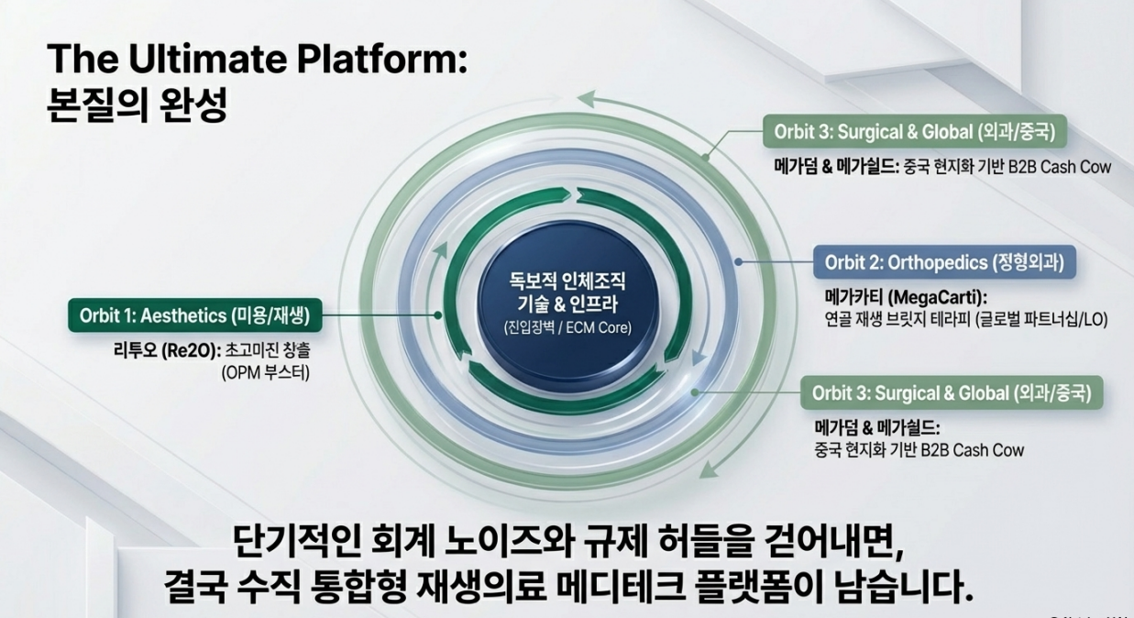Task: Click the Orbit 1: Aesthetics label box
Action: pyautogui.click(x=194, y=316)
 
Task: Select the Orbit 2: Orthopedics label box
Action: pyautogui.click(x=944, y=262)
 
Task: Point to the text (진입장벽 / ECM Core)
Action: pyautogui.click(x=568, y=327)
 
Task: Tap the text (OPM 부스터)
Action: pyautogui.click(x=266, y=374)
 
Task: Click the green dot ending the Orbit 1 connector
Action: pyautogui.click(x=438, y=315)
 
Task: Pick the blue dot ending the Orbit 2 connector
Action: pyautogui.click(x=740, y=262)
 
